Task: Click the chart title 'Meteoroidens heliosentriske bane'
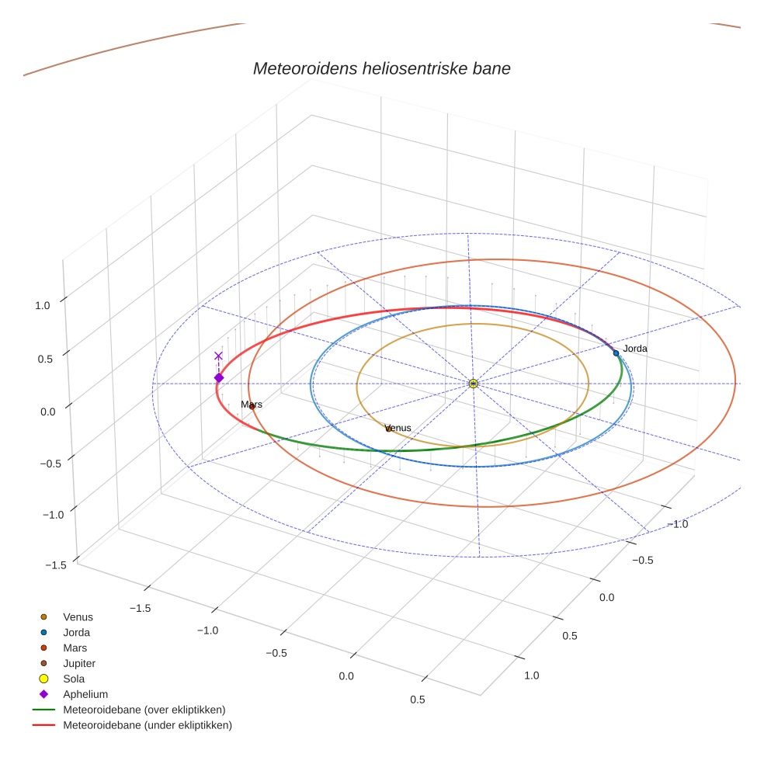(x=381, y=68)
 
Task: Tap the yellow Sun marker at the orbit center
(x=473, y=384)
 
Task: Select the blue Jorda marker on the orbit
(x=616, y=353)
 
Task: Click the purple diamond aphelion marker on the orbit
(x=219, y=378)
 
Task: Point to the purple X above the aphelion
(x=218, y=356)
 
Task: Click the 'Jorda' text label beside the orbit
(x=635, y=349)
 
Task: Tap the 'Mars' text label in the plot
(x=252, y=405)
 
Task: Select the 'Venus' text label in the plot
(x=398, y=428)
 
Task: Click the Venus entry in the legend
(x=78, y=617)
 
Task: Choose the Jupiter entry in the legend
(x=79, y=664)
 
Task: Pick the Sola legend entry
(x=75, y=679)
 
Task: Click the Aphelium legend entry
(x=85, y=694)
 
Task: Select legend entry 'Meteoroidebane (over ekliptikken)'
(x=144, y=710)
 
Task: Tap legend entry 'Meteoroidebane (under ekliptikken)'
(x=148, y=725)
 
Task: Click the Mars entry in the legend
(x=75, y=648)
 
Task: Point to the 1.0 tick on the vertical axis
(x=42, y=306)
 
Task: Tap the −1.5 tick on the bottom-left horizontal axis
(x=140, y=609)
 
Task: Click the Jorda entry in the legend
(x=76, y=633)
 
